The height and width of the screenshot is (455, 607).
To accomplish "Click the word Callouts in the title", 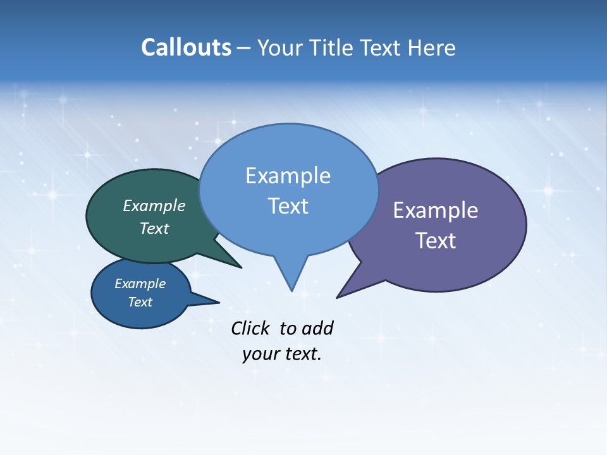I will click(186, 47).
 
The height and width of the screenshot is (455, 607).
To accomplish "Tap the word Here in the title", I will click(432, 48).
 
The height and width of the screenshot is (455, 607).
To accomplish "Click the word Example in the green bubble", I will click(154, 206).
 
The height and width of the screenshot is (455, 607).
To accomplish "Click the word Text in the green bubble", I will click(154, 229).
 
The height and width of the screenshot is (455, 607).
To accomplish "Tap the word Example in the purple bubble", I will click(435, 210).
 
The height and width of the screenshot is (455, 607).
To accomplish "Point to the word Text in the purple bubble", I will click(435, 241).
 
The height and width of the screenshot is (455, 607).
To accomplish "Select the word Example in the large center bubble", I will click(288, 176).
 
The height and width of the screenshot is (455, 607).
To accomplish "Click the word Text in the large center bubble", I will click(288, 206).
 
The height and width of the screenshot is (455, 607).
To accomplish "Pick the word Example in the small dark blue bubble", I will click(140, 284).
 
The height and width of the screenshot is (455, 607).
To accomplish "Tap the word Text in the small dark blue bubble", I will click(140, 302).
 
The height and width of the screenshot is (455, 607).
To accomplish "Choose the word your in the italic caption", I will click(260, 354).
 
